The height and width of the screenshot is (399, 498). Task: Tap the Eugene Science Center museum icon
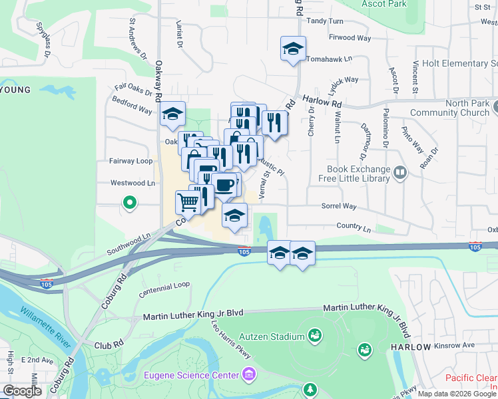coord(248,375)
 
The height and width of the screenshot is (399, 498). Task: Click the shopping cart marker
coord(188,201)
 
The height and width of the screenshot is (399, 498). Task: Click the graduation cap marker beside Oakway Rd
coord(172,114)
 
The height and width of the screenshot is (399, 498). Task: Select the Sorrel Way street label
coord(340,207)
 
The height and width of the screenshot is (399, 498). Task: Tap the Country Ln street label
coord(354,228)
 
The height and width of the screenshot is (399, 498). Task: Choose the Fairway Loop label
coord(131,161)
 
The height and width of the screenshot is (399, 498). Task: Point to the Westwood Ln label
coord(132,183)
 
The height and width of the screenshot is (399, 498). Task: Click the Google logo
coord(22,391)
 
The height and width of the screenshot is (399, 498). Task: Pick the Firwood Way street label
coord(350,38)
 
